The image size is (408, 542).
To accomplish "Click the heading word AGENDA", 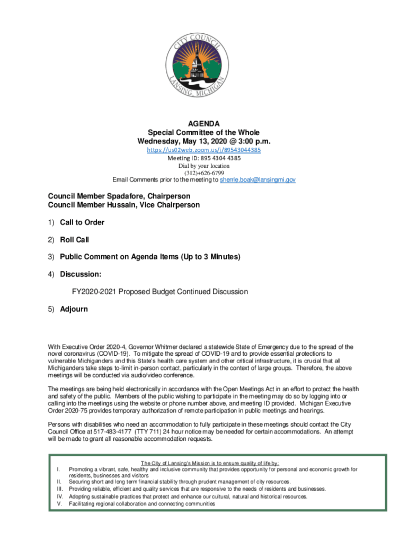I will (204, 123).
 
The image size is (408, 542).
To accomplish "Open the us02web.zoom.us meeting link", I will (204, 150).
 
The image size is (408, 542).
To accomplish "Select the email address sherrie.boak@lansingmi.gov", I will (258, 180).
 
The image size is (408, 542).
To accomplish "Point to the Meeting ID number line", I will (204, 158).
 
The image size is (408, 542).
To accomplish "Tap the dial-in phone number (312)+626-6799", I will (204, 173).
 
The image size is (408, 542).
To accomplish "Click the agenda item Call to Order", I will (82, 222).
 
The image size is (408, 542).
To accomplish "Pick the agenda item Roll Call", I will (74, 240).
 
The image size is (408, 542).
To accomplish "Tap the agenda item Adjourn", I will (74, 309).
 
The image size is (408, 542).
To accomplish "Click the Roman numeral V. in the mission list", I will (59, 504).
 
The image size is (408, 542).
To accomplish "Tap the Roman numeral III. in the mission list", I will (59, 489).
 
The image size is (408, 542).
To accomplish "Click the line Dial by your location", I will (204, 165).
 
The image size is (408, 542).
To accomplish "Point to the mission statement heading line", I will (211, 463).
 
